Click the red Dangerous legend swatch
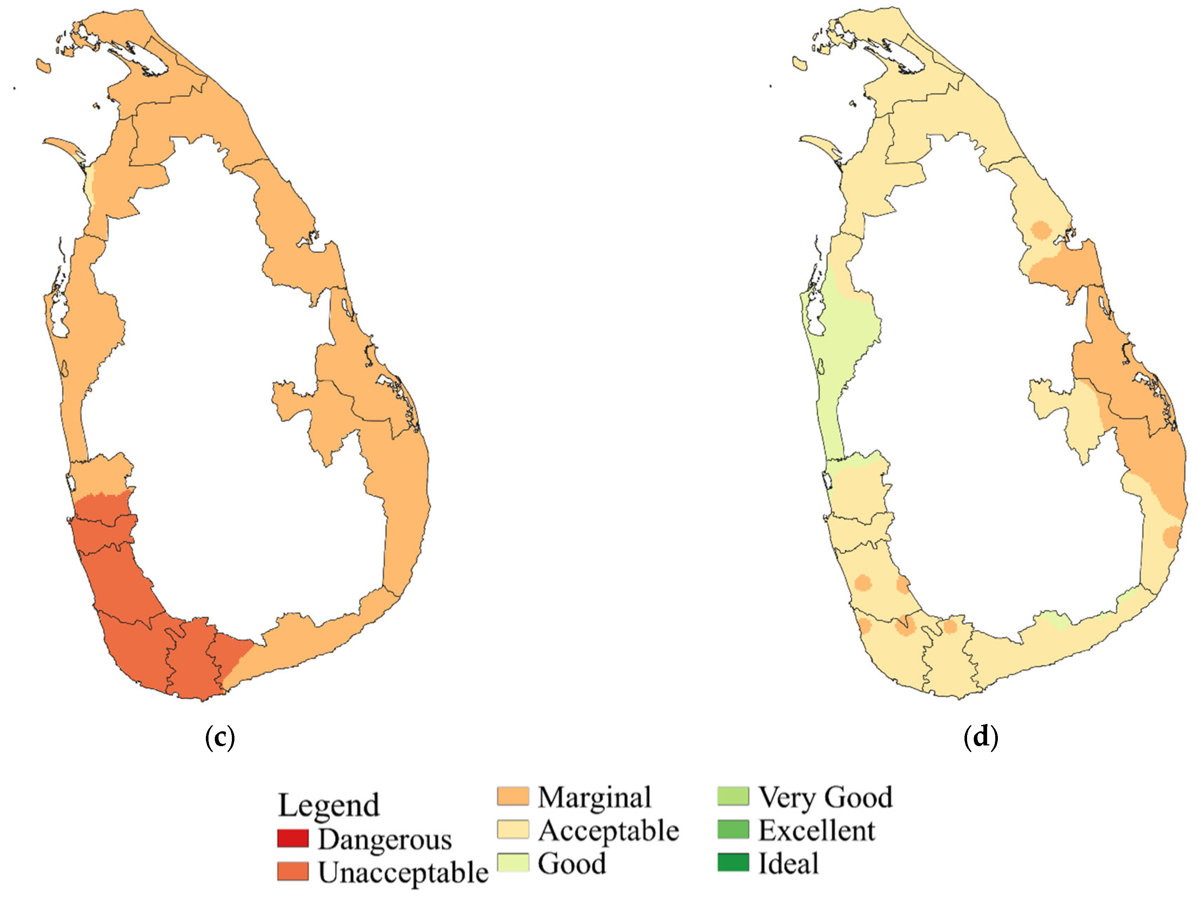click(293, 838)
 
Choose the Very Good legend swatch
click(733, 797)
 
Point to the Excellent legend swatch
click(733, 830)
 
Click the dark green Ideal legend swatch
click(733, 863)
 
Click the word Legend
click(329, 805)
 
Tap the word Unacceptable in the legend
click(403, 872)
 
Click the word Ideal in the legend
click(788, 863)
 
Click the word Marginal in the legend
click(594, 797)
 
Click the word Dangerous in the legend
click(385, 839)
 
